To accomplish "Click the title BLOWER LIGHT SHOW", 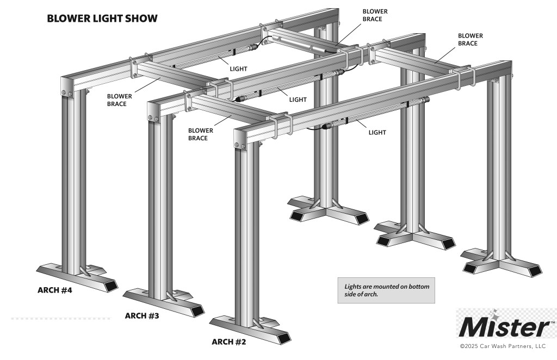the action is (x=102, y=18).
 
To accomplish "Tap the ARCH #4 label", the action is (x=55, y=290).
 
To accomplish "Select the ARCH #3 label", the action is (x=142, y=315).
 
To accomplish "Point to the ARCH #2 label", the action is (x=229, y=342).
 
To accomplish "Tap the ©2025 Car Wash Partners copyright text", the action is (x=503, y=346).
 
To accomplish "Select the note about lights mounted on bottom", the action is (x=387, y=290).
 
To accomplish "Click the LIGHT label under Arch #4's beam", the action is (x=238, y=69).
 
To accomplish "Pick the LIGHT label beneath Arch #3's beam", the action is (x=298, y=100).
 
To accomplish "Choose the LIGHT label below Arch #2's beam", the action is (x=377, y=133).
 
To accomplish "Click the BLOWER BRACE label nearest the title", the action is (x=119, y=100).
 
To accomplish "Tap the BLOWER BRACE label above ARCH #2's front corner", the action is (x=201, y=134).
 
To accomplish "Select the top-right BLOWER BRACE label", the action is (x=471, y=39).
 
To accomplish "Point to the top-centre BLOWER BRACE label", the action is (x=375, y=15).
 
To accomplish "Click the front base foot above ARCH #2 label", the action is (x=250, y=330).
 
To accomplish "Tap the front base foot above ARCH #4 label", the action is (x=77, y=278).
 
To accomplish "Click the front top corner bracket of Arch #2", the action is (x=240, y=139).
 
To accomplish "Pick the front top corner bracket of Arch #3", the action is (x=154, y=112).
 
